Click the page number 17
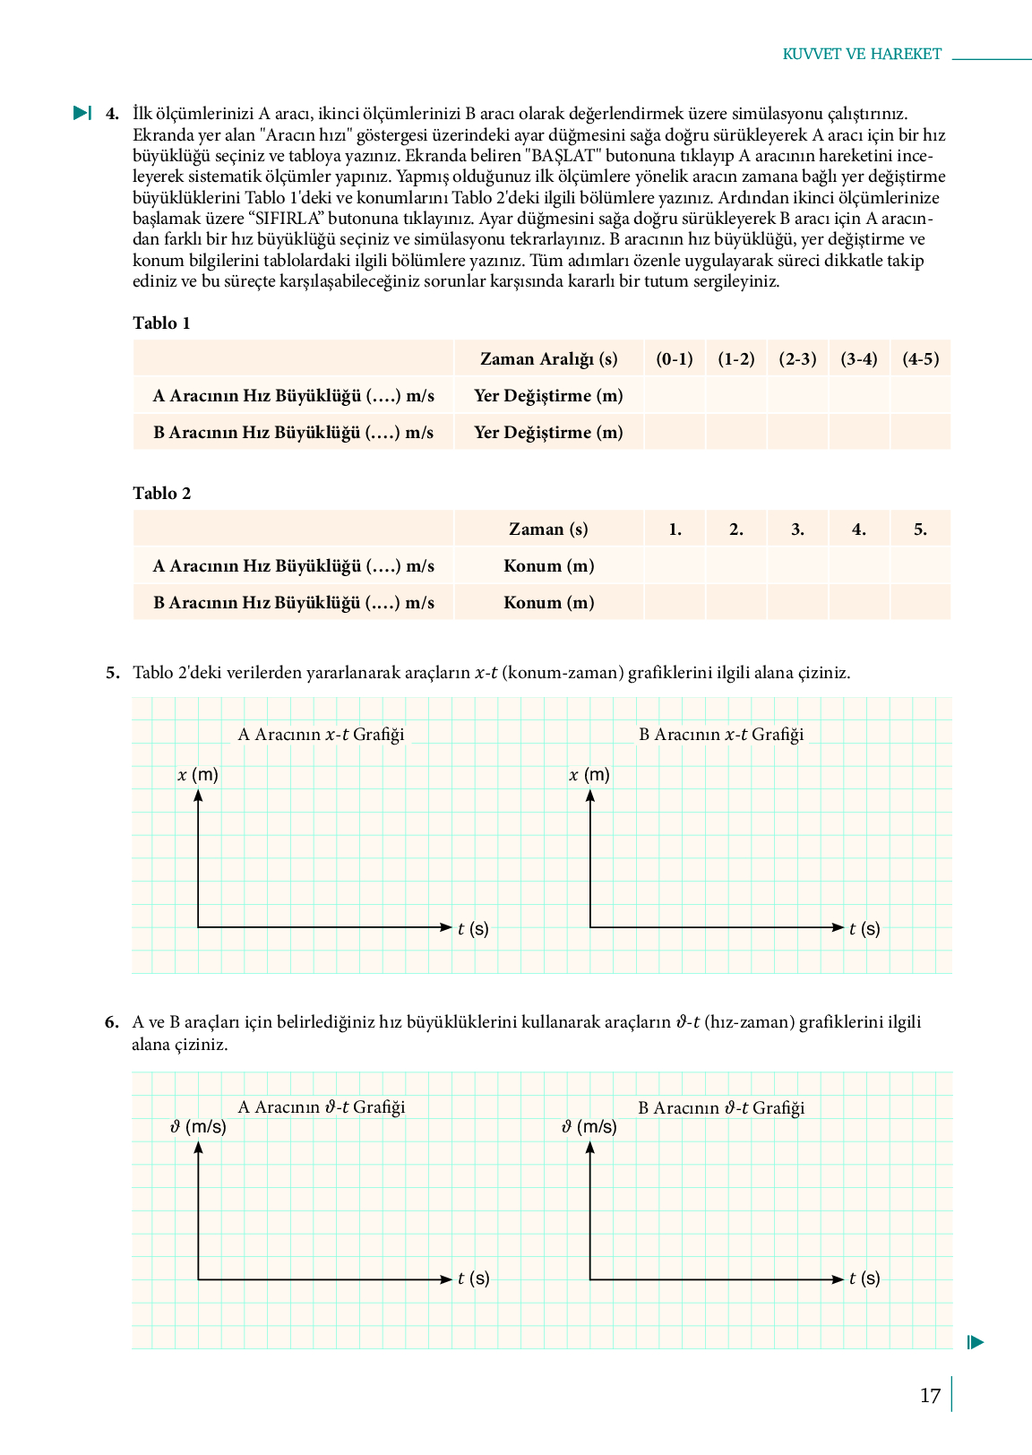pos(930,1395)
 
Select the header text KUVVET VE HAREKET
pos(862,54)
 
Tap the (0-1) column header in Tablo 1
pos(675,359)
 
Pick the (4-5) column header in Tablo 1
pos(921,359)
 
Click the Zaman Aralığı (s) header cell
pos(548,359)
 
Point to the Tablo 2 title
pos(162,494)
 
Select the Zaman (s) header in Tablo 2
pos(548,529)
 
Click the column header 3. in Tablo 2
pos(797,529)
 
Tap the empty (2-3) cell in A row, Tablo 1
pos(797,396)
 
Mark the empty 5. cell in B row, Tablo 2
pos(921,602)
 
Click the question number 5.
pos(112,673)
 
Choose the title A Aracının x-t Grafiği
pos(321,735)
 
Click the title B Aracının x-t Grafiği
pos(721,735)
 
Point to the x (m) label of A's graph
pos(198,775)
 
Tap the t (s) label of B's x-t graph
pos(864,929)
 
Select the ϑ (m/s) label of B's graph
pos(589,1127)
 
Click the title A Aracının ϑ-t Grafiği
pos(321,1107)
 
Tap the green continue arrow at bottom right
pos(976,1342)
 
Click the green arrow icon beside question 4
pos(82,113)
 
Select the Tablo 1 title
pos(162,323)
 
